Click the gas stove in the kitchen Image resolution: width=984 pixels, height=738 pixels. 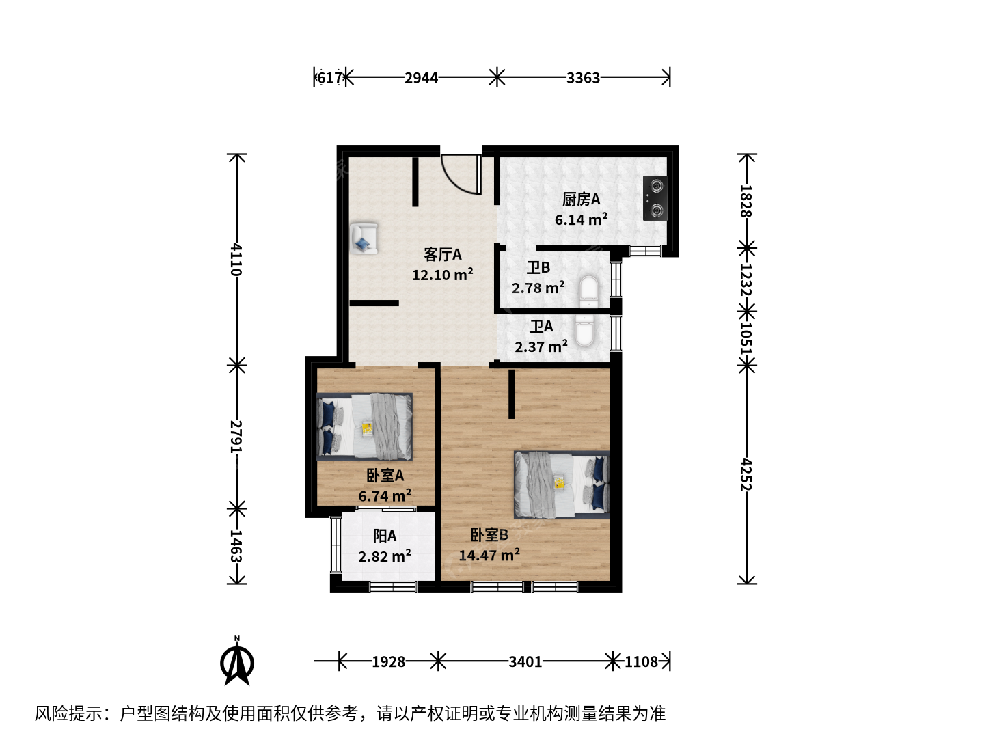tap(655, 198)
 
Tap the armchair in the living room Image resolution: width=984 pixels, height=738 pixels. tap(364, 238)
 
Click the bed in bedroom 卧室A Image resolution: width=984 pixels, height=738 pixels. tap(364, 426)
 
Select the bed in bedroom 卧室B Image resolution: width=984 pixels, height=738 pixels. tap(562, 484)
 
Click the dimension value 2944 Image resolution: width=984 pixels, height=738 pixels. tap(421, 78)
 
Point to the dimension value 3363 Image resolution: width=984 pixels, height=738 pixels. tap(583, 78)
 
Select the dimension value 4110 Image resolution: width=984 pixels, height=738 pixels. tap(236, 260)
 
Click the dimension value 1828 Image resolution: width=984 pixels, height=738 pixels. tap(746, 201)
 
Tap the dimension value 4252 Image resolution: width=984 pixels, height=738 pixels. tap(746, 474)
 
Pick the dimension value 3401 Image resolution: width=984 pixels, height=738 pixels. tap(525, 661)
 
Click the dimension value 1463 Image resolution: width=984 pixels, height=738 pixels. tap(236, 546)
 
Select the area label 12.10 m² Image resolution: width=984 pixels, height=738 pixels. tap(443, 274)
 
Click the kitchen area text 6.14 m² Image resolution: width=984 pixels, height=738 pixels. tap(581, 219)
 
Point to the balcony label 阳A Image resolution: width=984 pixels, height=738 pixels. tap(385, 536)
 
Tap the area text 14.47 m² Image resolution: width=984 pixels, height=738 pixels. tap(489, 555)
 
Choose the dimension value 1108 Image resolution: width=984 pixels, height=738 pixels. tap(641, 661)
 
